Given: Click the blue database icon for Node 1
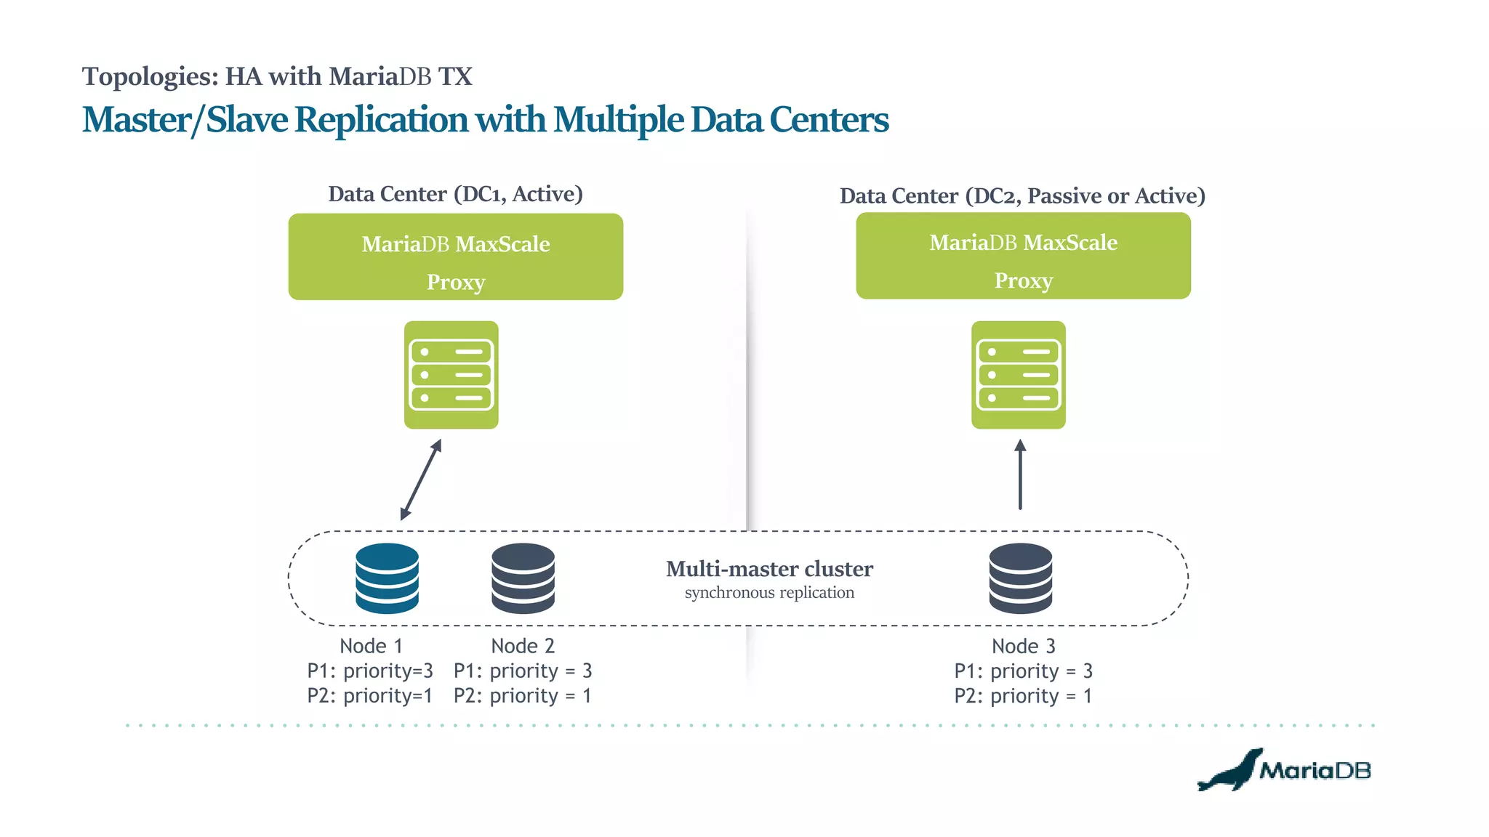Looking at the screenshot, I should click(x=387, y=578).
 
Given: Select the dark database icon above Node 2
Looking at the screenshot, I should click(x=523, y=578).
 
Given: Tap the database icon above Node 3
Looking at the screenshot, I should click(x=1020, y=578).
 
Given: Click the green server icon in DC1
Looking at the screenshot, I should click(x=451, y=375).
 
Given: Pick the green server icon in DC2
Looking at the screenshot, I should click(x=1018, y=375).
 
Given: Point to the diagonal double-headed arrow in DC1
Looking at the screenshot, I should click(x=421, y=480).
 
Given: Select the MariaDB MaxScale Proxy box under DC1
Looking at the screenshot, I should click(x=455, y=256).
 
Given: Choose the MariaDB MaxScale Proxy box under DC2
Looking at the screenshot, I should click(x=1023, y=256).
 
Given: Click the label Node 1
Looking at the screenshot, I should click(x=371, y=646).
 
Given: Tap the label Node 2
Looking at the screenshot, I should click(x=523, y=646).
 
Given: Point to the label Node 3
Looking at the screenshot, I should click(x=1023, y=646).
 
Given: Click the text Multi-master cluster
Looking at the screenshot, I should click(x=769, y=569).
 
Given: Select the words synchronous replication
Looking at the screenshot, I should click(x=769, y=593).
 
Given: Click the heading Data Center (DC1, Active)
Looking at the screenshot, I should click(x=455, y=194).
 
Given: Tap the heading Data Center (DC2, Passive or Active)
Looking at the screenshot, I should click(x=1022, y=196).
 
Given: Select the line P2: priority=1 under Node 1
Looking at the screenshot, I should click(x=369, y=696).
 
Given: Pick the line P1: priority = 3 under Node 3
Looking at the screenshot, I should click(x=1023, y=671).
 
